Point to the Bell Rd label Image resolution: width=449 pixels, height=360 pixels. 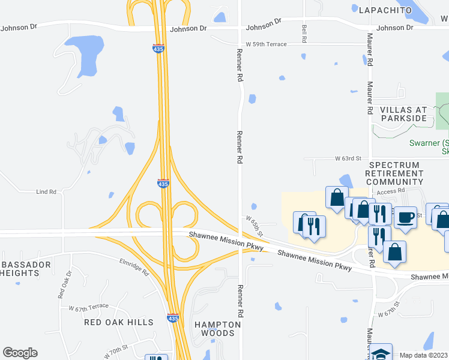click(304, 33)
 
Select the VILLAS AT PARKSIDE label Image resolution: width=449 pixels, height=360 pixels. click(403, 114)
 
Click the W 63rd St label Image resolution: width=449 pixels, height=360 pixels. click(348, 158)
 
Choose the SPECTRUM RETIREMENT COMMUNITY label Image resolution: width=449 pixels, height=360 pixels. click(395, 173)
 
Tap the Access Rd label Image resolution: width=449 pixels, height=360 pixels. click(392, 190)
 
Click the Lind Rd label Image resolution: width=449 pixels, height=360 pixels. click(46, 192)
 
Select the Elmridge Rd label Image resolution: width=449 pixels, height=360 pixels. click(133, 267)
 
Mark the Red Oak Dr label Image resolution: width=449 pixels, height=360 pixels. click(64, 284)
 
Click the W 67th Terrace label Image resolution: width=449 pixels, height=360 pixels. click(89, 307)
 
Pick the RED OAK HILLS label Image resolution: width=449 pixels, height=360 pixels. click(118, 322)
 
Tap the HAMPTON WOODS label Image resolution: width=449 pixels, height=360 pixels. click(218, 329)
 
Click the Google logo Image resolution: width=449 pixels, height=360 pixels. click(20, 353)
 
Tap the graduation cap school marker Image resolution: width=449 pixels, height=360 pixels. click(381, 352)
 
